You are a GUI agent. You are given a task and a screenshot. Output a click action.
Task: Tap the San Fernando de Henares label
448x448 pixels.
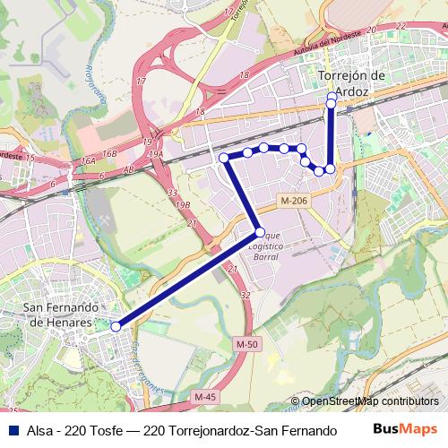56,315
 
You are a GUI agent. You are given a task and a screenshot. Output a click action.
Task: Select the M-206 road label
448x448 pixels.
293,201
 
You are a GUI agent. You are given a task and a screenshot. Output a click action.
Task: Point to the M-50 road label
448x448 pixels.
246,344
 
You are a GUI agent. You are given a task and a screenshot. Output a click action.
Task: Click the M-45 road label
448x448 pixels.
205,395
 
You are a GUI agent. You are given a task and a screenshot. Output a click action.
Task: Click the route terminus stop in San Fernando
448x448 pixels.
115,327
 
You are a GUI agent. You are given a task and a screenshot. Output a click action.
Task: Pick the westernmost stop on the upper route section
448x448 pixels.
224,158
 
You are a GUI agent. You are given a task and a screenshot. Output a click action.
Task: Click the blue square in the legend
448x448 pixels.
13,430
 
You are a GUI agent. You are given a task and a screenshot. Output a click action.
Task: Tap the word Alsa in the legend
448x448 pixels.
41,430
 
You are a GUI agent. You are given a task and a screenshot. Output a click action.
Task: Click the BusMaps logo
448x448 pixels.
406,429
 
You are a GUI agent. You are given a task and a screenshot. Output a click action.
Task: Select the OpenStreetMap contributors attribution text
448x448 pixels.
370,401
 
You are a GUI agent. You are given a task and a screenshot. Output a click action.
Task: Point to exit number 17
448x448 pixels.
140,82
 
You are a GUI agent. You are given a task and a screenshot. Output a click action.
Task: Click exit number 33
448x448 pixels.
171,193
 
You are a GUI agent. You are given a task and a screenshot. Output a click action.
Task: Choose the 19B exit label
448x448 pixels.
183,205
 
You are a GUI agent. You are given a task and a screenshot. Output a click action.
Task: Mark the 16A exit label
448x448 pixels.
87,161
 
